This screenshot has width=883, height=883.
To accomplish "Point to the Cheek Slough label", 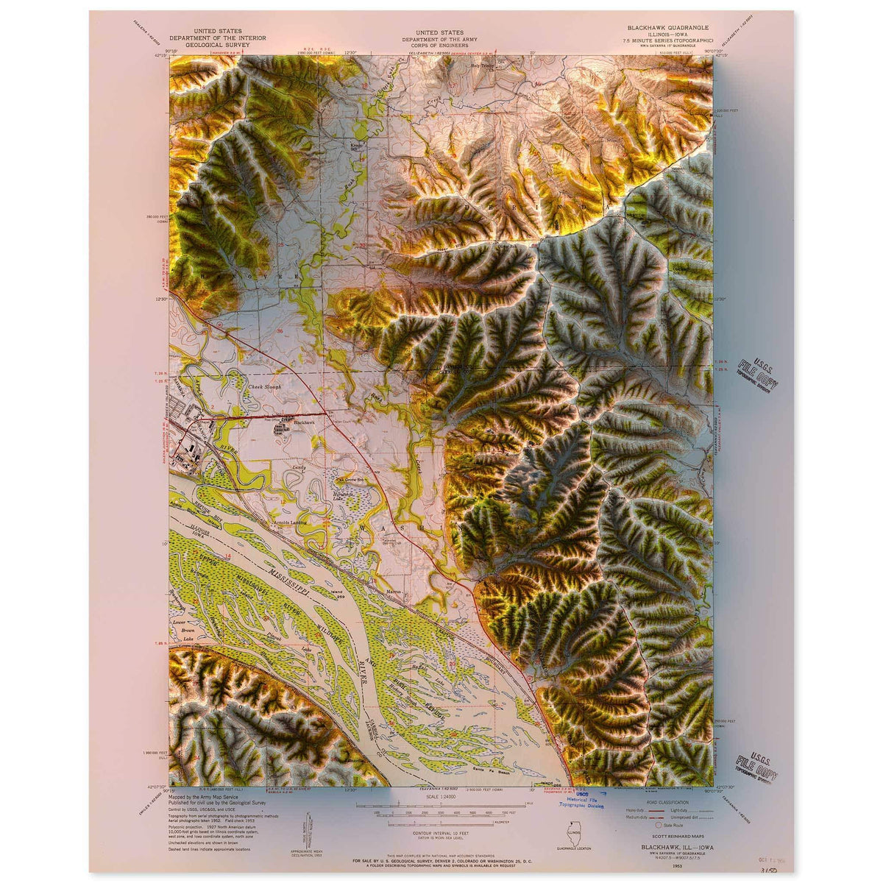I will (x=266, y=386).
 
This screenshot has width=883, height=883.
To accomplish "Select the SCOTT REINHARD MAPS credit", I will (x=669, y=836).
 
